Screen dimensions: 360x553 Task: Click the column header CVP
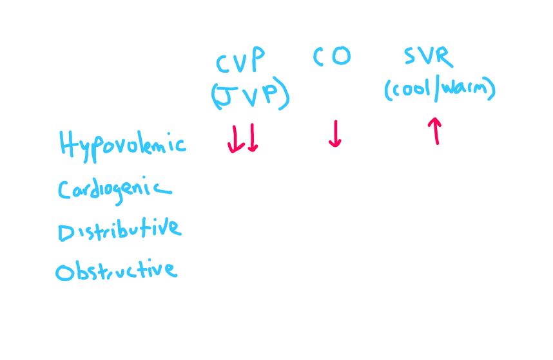[x=240, y=62]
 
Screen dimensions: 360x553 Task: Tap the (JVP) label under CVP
[x=249, y=96]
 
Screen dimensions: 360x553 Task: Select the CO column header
[x=333, y=57]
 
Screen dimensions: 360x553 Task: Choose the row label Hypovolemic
[x=122, y=145]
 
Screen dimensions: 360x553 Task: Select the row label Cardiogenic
[x=114, y=189]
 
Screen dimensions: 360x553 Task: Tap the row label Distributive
[x=119, y=230]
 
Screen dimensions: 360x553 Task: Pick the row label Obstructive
[x=115, y=270]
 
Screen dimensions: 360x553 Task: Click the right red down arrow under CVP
[x=252, y=138]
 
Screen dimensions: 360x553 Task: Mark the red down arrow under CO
[x=335, y=133]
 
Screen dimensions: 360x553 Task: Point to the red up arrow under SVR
[x=436, y=131]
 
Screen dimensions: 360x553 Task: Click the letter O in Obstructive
[x=64, y=272]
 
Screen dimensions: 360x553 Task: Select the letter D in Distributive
[x=66, y=232]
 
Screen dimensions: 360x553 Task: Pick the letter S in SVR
[x=412, y=57]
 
